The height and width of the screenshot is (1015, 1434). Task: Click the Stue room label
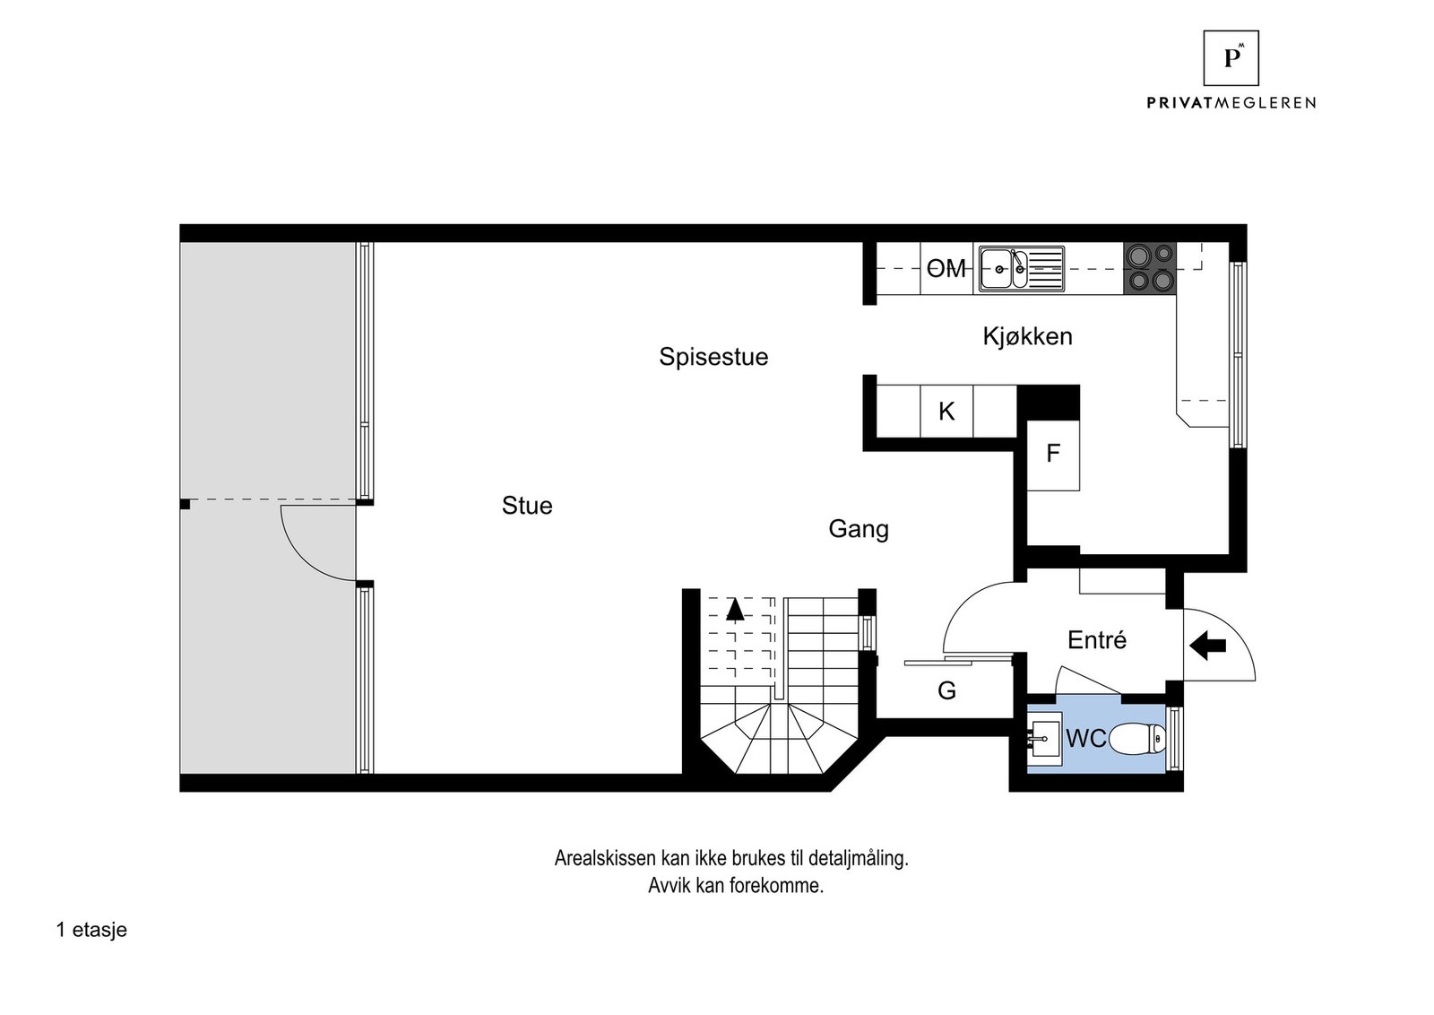tap(527, 506)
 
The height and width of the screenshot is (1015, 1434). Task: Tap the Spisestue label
tap(713, 357)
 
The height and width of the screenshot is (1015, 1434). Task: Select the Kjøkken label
tap(1027, 336)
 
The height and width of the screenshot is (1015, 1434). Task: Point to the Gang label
tap(858, 529)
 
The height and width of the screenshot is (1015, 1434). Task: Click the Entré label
tap(1097, 640)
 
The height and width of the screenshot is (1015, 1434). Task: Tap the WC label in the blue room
tap(1085, 739)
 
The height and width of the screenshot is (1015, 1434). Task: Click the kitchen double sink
tap(1021, 268)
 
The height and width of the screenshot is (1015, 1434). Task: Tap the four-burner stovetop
tap(1150, 268)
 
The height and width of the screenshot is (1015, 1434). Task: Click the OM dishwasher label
tap(946, 268)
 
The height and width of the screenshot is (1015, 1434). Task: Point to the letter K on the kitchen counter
tap(946, 412)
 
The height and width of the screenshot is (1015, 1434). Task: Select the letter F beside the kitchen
tap(1053, 454)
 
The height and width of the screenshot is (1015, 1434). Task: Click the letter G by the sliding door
tap(946, 690)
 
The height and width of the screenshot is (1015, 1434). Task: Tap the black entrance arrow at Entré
tap(1207, 645)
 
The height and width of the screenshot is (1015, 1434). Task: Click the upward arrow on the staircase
tap(735, 610)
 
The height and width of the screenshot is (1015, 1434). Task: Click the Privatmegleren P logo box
tap(1231, 58)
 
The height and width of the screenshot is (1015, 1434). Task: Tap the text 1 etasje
tap(91, 930)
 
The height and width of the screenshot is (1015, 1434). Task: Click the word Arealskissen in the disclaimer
tap(605, 858)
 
